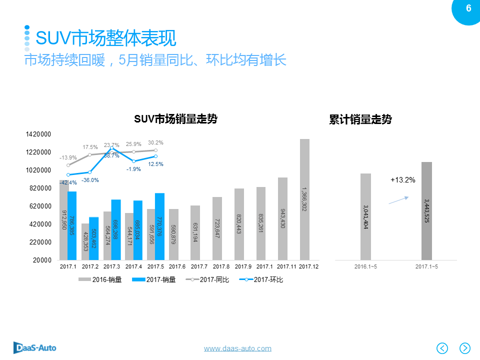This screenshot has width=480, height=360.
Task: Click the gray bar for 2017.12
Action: pyautogui.click(x=304, y=199)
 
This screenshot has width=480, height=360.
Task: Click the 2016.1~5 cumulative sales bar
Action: pyautogui.click(x=365, y=216)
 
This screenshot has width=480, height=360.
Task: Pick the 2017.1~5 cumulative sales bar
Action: pyautogui.click(x=426, y=211)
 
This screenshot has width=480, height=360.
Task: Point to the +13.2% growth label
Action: pyautogui.click(x=403, y=180)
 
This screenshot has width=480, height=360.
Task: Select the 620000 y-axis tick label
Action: pyautogui.click(x=39, y=206)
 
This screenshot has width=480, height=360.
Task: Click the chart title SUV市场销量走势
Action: pyautogui.click(x=175, y=119)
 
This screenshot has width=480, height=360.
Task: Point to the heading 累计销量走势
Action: pyautogui.click(x=360, y=119)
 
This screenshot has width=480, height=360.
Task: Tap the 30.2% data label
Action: pyautogui.click(x=155, y=142)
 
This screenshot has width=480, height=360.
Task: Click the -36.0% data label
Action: pyautogui.click(x=90, y=180)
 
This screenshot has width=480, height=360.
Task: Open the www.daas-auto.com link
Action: pyautogui.click(x=237, y=348)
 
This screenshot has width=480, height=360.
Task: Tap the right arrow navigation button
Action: pyautogui.click(x=465, y=348)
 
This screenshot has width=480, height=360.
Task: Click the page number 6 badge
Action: pyautogui.click(x=468, y=8)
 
